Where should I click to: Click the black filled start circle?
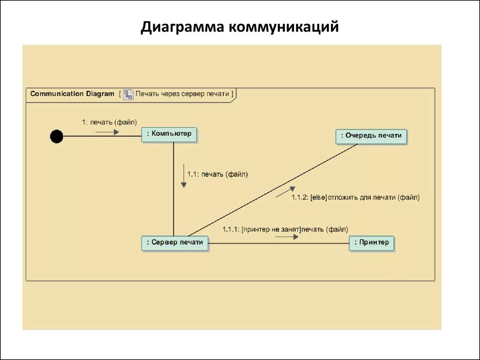tap(57, 136)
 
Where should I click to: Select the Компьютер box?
tap(169, 135)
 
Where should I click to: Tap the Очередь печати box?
tap(371, 136)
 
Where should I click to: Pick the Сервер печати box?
tap(175, 243)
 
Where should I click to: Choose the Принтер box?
tap(371, 243)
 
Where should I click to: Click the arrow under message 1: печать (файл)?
tap(107, 132)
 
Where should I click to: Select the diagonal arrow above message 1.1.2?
tap(285, 192)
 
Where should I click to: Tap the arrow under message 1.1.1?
tap(287, 237)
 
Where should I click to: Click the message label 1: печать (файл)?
tap(109, 122)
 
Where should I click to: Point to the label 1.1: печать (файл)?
tap(217, 174)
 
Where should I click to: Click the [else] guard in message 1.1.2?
tap(318, 198)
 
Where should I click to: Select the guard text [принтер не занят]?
tap(271, 229)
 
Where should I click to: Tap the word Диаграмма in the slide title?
tap(182, 27)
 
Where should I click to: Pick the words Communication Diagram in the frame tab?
tap(72, 94)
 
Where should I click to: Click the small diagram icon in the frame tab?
tap(128, 94)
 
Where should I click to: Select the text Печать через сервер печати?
tap(182, 94)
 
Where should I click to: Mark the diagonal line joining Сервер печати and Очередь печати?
tap(272, 190)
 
